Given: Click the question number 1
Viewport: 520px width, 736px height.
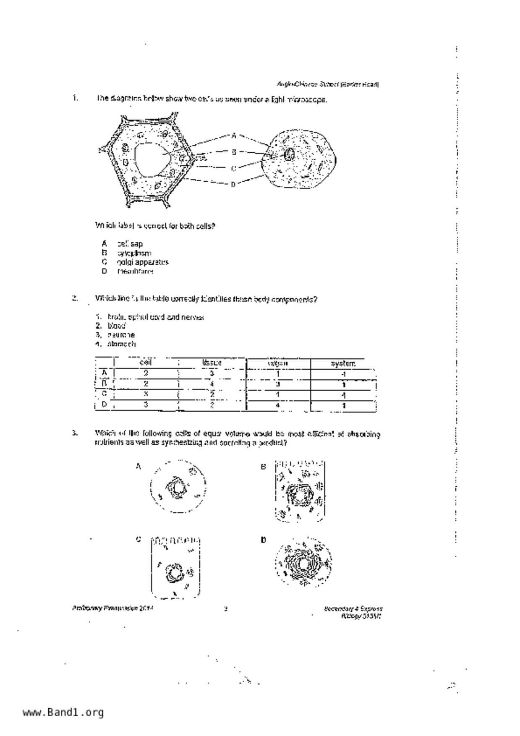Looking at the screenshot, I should click(75, 98).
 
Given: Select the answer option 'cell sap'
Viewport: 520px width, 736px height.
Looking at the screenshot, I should click(130, 244).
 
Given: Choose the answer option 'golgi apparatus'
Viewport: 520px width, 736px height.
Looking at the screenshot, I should click(143, 262).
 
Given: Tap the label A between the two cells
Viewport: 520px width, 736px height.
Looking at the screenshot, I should click(234, 136).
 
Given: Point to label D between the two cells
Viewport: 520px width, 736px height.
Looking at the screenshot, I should click(233, 184).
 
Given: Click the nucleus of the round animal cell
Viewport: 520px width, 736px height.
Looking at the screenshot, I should click(289, 154).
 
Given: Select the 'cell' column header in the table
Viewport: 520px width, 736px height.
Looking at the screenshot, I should click(145, 363).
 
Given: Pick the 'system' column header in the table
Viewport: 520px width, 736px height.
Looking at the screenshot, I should click(343, 363).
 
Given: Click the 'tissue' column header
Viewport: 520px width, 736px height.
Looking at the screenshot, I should click(212, 363).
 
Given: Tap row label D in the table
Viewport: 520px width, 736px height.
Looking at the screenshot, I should click(105, 405).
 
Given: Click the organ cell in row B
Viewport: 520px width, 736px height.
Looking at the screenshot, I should click(277, 384).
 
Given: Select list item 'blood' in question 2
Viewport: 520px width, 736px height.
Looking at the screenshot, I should click(116, 326).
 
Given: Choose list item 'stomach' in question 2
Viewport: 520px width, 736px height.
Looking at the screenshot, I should click(121, 344).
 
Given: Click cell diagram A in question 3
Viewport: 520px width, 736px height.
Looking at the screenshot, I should click(178, 487).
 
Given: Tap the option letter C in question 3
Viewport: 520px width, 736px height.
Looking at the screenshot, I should click(138, 540).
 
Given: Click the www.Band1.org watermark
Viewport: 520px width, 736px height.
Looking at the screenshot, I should click(63, 712).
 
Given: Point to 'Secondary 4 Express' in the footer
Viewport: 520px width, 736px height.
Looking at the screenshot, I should click(353, 608).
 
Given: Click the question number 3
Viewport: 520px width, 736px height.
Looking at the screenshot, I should click(75, 433).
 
